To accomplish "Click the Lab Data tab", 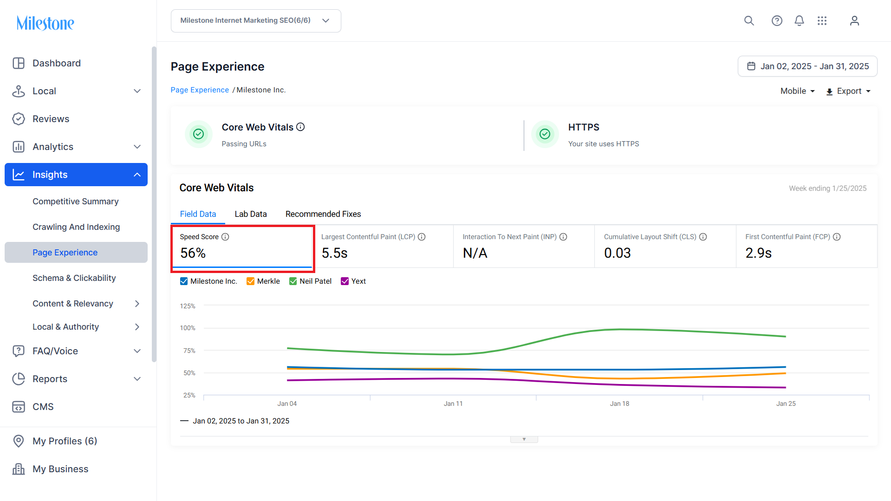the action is pos(251,214).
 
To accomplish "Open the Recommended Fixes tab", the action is pos(323,214).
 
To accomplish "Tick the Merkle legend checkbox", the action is pos(250,281).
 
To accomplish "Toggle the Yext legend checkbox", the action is pos(345,281).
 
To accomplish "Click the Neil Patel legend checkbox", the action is pos(293,281).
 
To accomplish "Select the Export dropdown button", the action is pos(848,91).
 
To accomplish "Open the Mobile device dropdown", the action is pos(798,91).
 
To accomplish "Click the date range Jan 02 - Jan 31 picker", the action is pos(807,66).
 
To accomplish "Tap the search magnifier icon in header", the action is pos(749,21).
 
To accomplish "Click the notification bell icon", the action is pos(799,21).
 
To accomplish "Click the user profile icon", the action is pos(854,21).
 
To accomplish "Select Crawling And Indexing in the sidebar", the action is pos(76,227).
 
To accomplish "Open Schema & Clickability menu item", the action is pos(74,278).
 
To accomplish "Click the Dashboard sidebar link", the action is pos(57,63).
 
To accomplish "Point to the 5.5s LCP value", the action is pos(334,253).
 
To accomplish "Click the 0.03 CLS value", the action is pos(617,253).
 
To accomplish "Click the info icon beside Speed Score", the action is pos(225,237).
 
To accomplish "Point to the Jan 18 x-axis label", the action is pos(619,403).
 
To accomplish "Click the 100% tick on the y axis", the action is pos(188,328).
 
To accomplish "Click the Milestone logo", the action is pos(46,23).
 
